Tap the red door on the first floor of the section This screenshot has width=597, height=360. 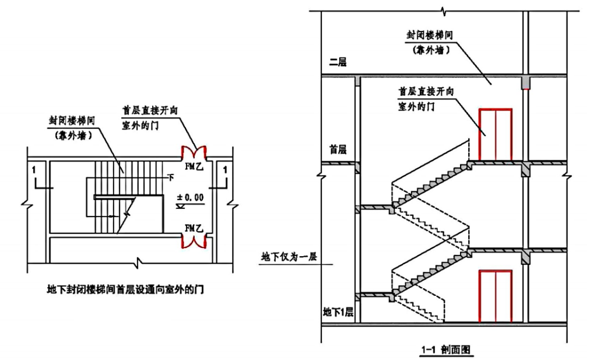495,135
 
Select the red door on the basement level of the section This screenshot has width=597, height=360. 495,296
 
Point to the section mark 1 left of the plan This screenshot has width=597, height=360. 36,171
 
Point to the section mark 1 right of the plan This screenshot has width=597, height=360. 224,171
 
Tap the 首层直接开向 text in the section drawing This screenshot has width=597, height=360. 426,92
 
